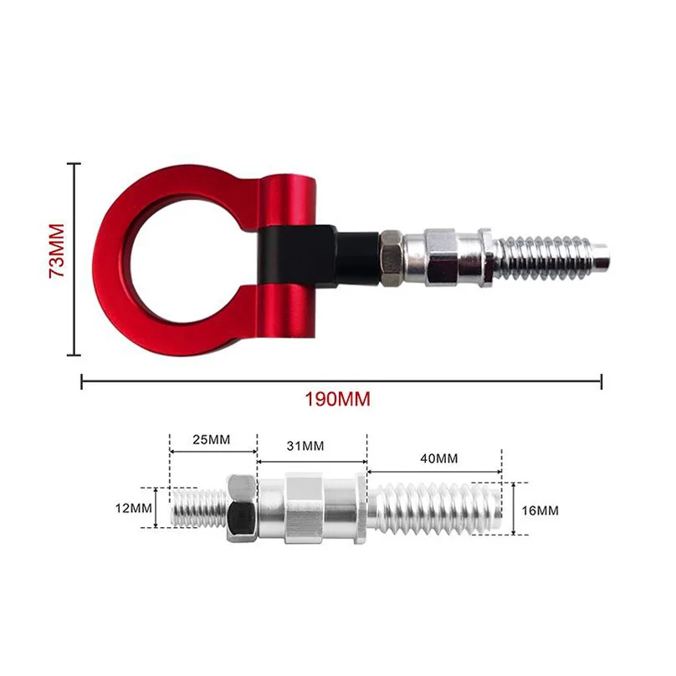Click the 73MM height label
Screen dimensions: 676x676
(56, 251)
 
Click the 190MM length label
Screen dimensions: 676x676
(337, 399)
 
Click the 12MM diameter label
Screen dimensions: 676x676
(135, 507)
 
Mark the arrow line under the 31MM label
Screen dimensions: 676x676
(311, 461)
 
